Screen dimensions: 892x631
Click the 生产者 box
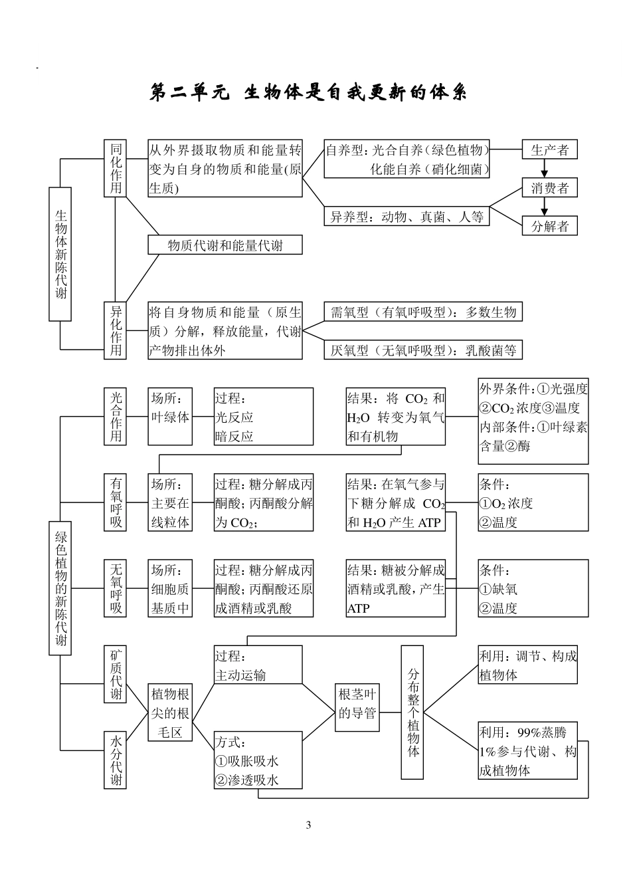click(x=549, y=150)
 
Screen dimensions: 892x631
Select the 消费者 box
click(x=549, y=188)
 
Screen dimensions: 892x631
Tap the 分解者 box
click(x=549, y=226)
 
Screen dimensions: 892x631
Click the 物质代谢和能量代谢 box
click(x=225, y=245)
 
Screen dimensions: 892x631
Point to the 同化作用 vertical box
click(x=116, y=168)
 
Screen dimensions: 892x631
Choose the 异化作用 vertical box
click(x=116, y=330)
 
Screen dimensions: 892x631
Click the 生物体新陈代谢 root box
click(x=60, y=253)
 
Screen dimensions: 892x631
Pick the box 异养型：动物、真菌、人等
click(x=406, y=216)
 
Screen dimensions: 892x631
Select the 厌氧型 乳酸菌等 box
click(x=422, y=350)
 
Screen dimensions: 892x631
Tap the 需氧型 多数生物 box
click(x=422, y=312)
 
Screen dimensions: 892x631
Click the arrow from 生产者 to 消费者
click(x=544, y=169)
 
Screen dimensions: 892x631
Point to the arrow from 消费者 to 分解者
click(x=544, y=207)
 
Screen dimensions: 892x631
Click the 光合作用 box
click(x=116, y=416)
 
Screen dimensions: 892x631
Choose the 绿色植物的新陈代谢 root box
click(x=60, y=588)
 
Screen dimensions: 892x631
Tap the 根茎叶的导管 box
click(x=357, y=703)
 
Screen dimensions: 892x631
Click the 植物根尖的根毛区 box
click(x=170, y=713)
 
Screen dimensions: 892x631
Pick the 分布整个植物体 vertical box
click(x=412, y=712)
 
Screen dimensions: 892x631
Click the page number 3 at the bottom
click(x=308, y=826)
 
